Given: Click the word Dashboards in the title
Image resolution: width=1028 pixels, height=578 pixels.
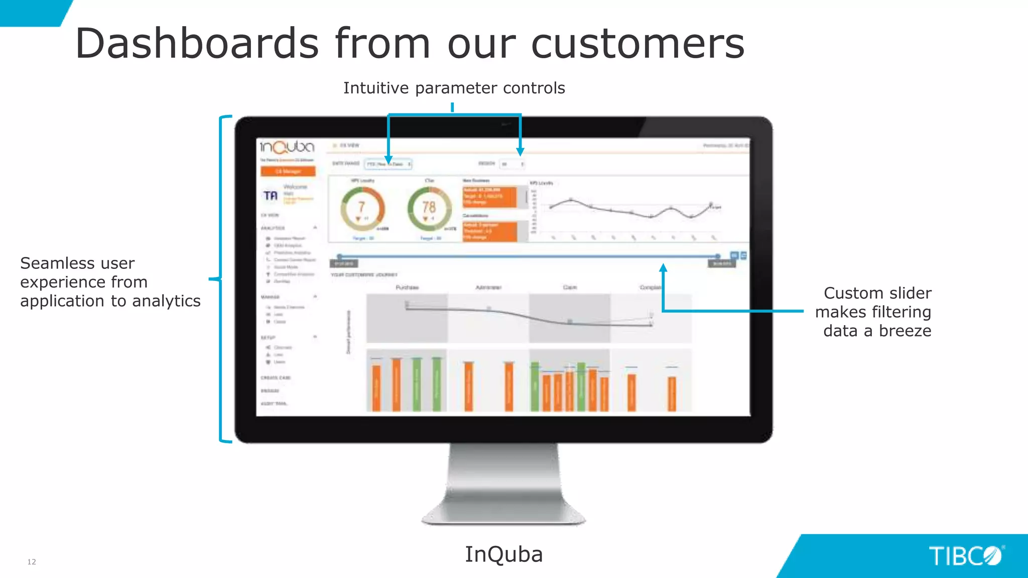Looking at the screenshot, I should point(197,44).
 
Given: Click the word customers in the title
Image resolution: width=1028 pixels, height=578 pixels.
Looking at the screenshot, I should point(637,44).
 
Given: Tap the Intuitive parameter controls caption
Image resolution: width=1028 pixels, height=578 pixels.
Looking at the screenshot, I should point(454,88).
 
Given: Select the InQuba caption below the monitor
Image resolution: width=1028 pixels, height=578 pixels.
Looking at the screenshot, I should point(503,554).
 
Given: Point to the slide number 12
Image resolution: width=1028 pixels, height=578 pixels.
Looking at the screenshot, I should point(32,562).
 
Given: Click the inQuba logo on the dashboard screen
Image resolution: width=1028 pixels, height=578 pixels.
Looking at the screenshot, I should point(287,147).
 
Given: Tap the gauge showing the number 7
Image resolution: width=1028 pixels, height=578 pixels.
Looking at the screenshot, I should point(362,209).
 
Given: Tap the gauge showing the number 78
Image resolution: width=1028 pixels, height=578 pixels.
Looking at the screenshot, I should point(429,209).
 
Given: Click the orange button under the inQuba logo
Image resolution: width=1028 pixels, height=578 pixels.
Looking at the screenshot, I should point(288,172).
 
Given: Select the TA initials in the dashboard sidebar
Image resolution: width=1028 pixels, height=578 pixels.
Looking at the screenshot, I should point(271,196).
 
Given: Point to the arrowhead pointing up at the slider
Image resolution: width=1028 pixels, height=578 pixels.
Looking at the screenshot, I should point(663,268).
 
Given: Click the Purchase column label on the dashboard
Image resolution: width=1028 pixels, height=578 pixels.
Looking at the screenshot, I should point(407,287).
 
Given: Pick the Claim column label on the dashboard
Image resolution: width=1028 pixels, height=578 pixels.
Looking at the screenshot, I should point(570,287).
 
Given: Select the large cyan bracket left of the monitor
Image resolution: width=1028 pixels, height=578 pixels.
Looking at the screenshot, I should point(221,279).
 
